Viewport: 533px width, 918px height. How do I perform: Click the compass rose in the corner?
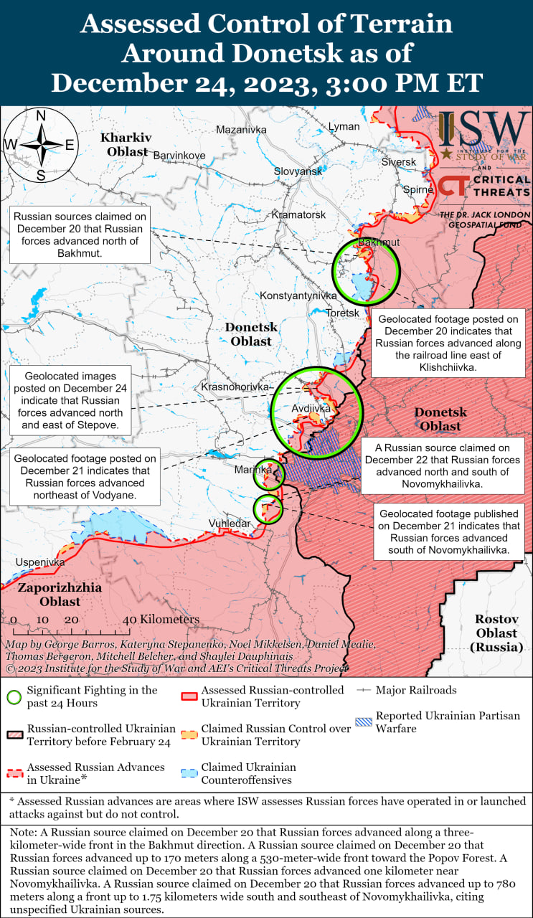coord(41,145)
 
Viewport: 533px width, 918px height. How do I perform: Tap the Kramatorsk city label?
coord(298,214)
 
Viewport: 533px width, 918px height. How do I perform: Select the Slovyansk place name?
coord(298,171)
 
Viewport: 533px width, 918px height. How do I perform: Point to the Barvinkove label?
coord(179,155)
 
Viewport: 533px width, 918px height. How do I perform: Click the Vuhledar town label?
coord(230,524)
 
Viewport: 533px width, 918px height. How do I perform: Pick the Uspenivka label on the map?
coord(40,562)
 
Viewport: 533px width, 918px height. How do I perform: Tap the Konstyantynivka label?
coord(298,295)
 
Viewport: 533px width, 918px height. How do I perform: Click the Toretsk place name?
coord(342,313)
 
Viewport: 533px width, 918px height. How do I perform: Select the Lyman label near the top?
coord(344,126)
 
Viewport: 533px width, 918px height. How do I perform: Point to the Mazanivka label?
coord(241,130)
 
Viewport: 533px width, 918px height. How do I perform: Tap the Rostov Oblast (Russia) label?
coord(496,633)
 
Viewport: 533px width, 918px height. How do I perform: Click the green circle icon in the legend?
coord(14,696)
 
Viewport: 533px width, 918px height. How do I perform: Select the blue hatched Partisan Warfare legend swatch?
coord(364,722)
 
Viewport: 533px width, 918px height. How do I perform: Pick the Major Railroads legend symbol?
coord(364,690)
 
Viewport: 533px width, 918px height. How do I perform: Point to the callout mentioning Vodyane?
coord(88,477)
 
